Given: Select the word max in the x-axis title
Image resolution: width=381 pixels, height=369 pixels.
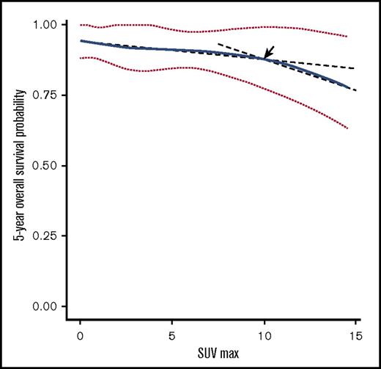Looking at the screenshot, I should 229,354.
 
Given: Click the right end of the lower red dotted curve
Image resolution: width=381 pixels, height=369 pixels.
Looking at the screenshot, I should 347,129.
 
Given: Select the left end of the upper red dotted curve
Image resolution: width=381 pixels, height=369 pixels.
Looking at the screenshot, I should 80,25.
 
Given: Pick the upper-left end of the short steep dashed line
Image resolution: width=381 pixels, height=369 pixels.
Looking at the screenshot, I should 218,45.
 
